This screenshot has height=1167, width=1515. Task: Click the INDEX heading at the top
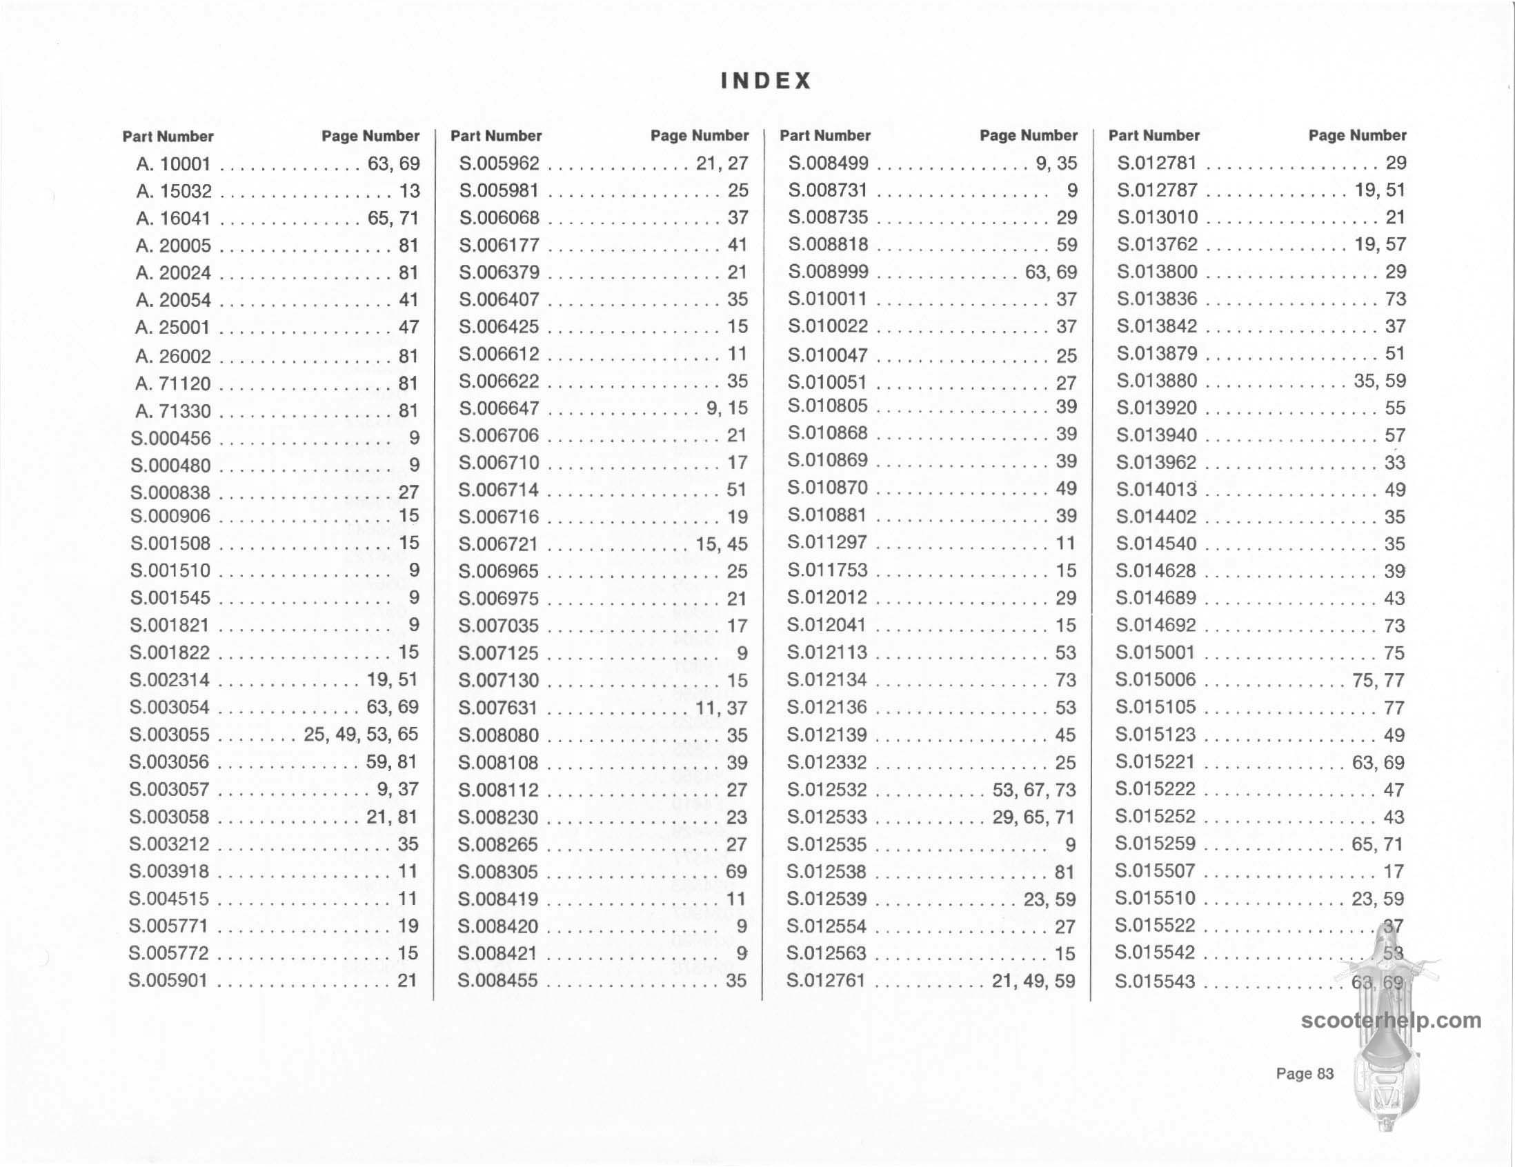[766, 81]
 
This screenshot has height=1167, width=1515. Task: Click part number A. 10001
[173, 164]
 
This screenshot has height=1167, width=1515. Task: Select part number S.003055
[169, 735]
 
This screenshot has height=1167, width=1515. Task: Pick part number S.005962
[499, 163]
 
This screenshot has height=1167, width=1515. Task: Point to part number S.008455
[497, 981]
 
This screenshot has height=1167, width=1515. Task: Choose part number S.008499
[828, 163]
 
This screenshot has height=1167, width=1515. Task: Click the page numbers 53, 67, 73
[1033, 790]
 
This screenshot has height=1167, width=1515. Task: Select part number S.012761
[826, 981]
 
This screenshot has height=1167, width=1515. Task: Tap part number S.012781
[1156, 163]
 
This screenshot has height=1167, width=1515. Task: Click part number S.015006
[1156, 680]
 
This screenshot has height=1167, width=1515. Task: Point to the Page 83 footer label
[1305, 1074]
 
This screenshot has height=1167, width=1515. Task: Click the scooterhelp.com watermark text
[1391, 1021]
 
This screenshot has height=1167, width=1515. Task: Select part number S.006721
[498, 544]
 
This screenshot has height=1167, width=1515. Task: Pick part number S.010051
[827, 382]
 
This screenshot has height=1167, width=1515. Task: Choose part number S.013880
[1156, 381]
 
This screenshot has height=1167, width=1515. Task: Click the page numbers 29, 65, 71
[1033, 817]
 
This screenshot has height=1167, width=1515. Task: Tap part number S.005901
[168, 981]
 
